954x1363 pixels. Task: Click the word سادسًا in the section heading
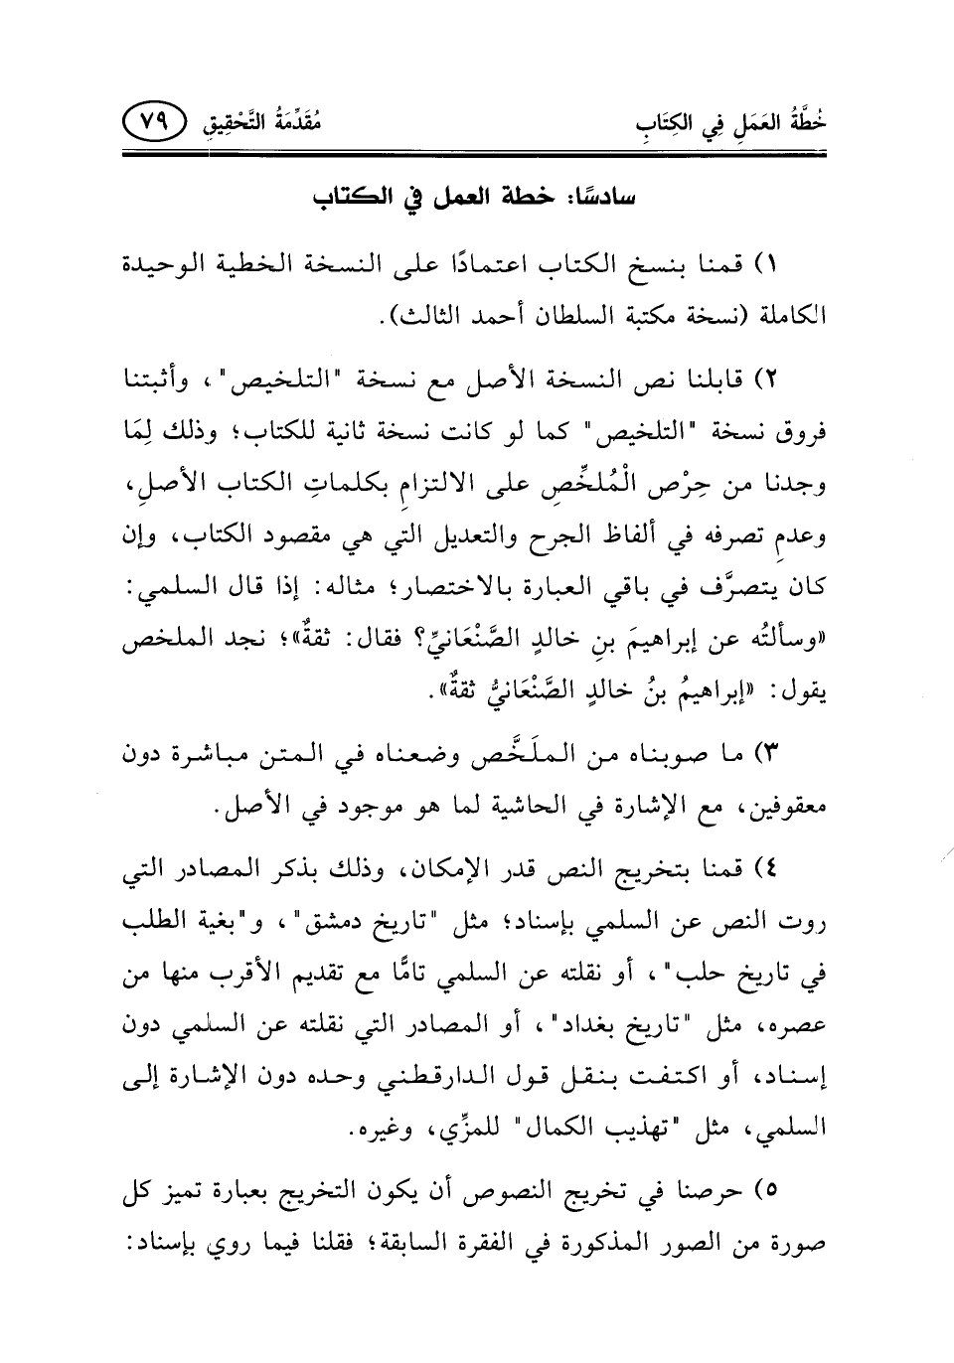coord(607,193)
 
